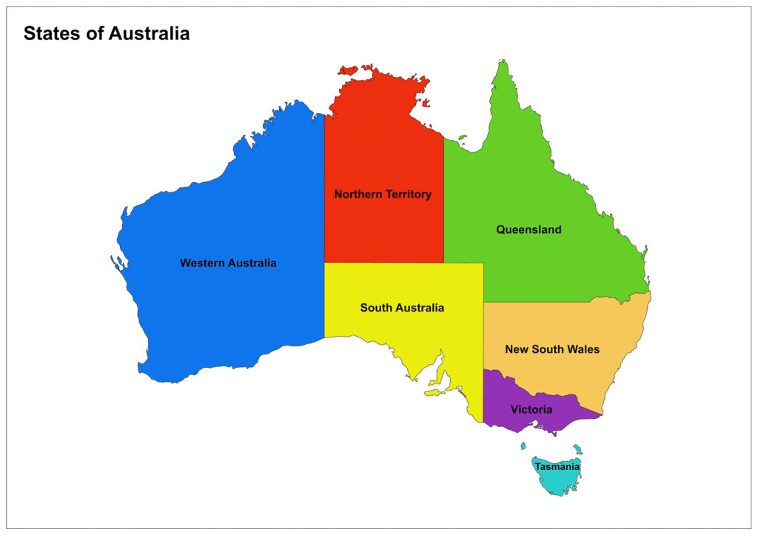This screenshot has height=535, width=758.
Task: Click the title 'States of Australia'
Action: click(x=106, y=33)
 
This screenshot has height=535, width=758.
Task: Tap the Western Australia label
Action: click(x=228, y=263)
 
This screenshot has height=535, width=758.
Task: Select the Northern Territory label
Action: click(x=382, y=195)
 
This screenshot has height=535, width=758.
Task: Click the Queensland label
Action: click(x=529, y=229)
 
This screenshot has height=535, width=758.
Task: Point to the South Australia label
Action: click(x=402, y=308)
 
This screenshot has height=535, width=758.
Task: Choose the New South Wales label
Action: click(x=552, y=349)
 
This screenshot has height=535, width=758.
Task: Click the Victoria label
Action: click(x=531, y=409)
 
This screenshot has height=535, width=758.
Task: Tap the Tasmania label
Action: click(x=557, y=467)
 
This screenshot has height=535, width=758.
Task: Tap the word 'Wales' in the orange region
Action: click(x=584, y=349)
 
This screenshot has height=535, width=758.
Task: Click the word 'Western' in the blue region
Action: click(x=202, y=263)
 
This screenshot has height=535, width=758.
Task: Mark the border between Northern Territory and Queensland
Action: click(x=443, y=200)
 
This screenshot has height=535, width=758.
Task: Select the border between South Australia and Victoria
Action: click(x=483, y=396)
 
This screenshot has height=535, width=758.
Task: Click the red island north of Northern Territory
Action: click(x=349, y=71)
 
